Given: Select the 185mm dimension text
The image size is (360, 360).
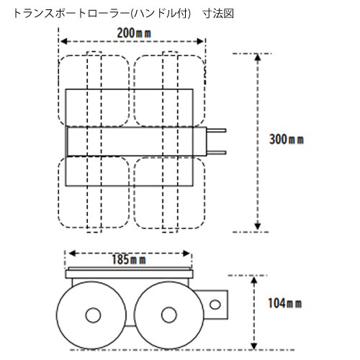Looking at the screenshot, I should click(132, 258).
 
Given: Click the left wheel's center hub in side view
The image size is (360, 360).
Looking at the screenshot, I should click(91, 315).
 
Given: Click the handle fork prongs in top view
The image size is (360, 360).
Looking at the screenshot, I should click(217, 141).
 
